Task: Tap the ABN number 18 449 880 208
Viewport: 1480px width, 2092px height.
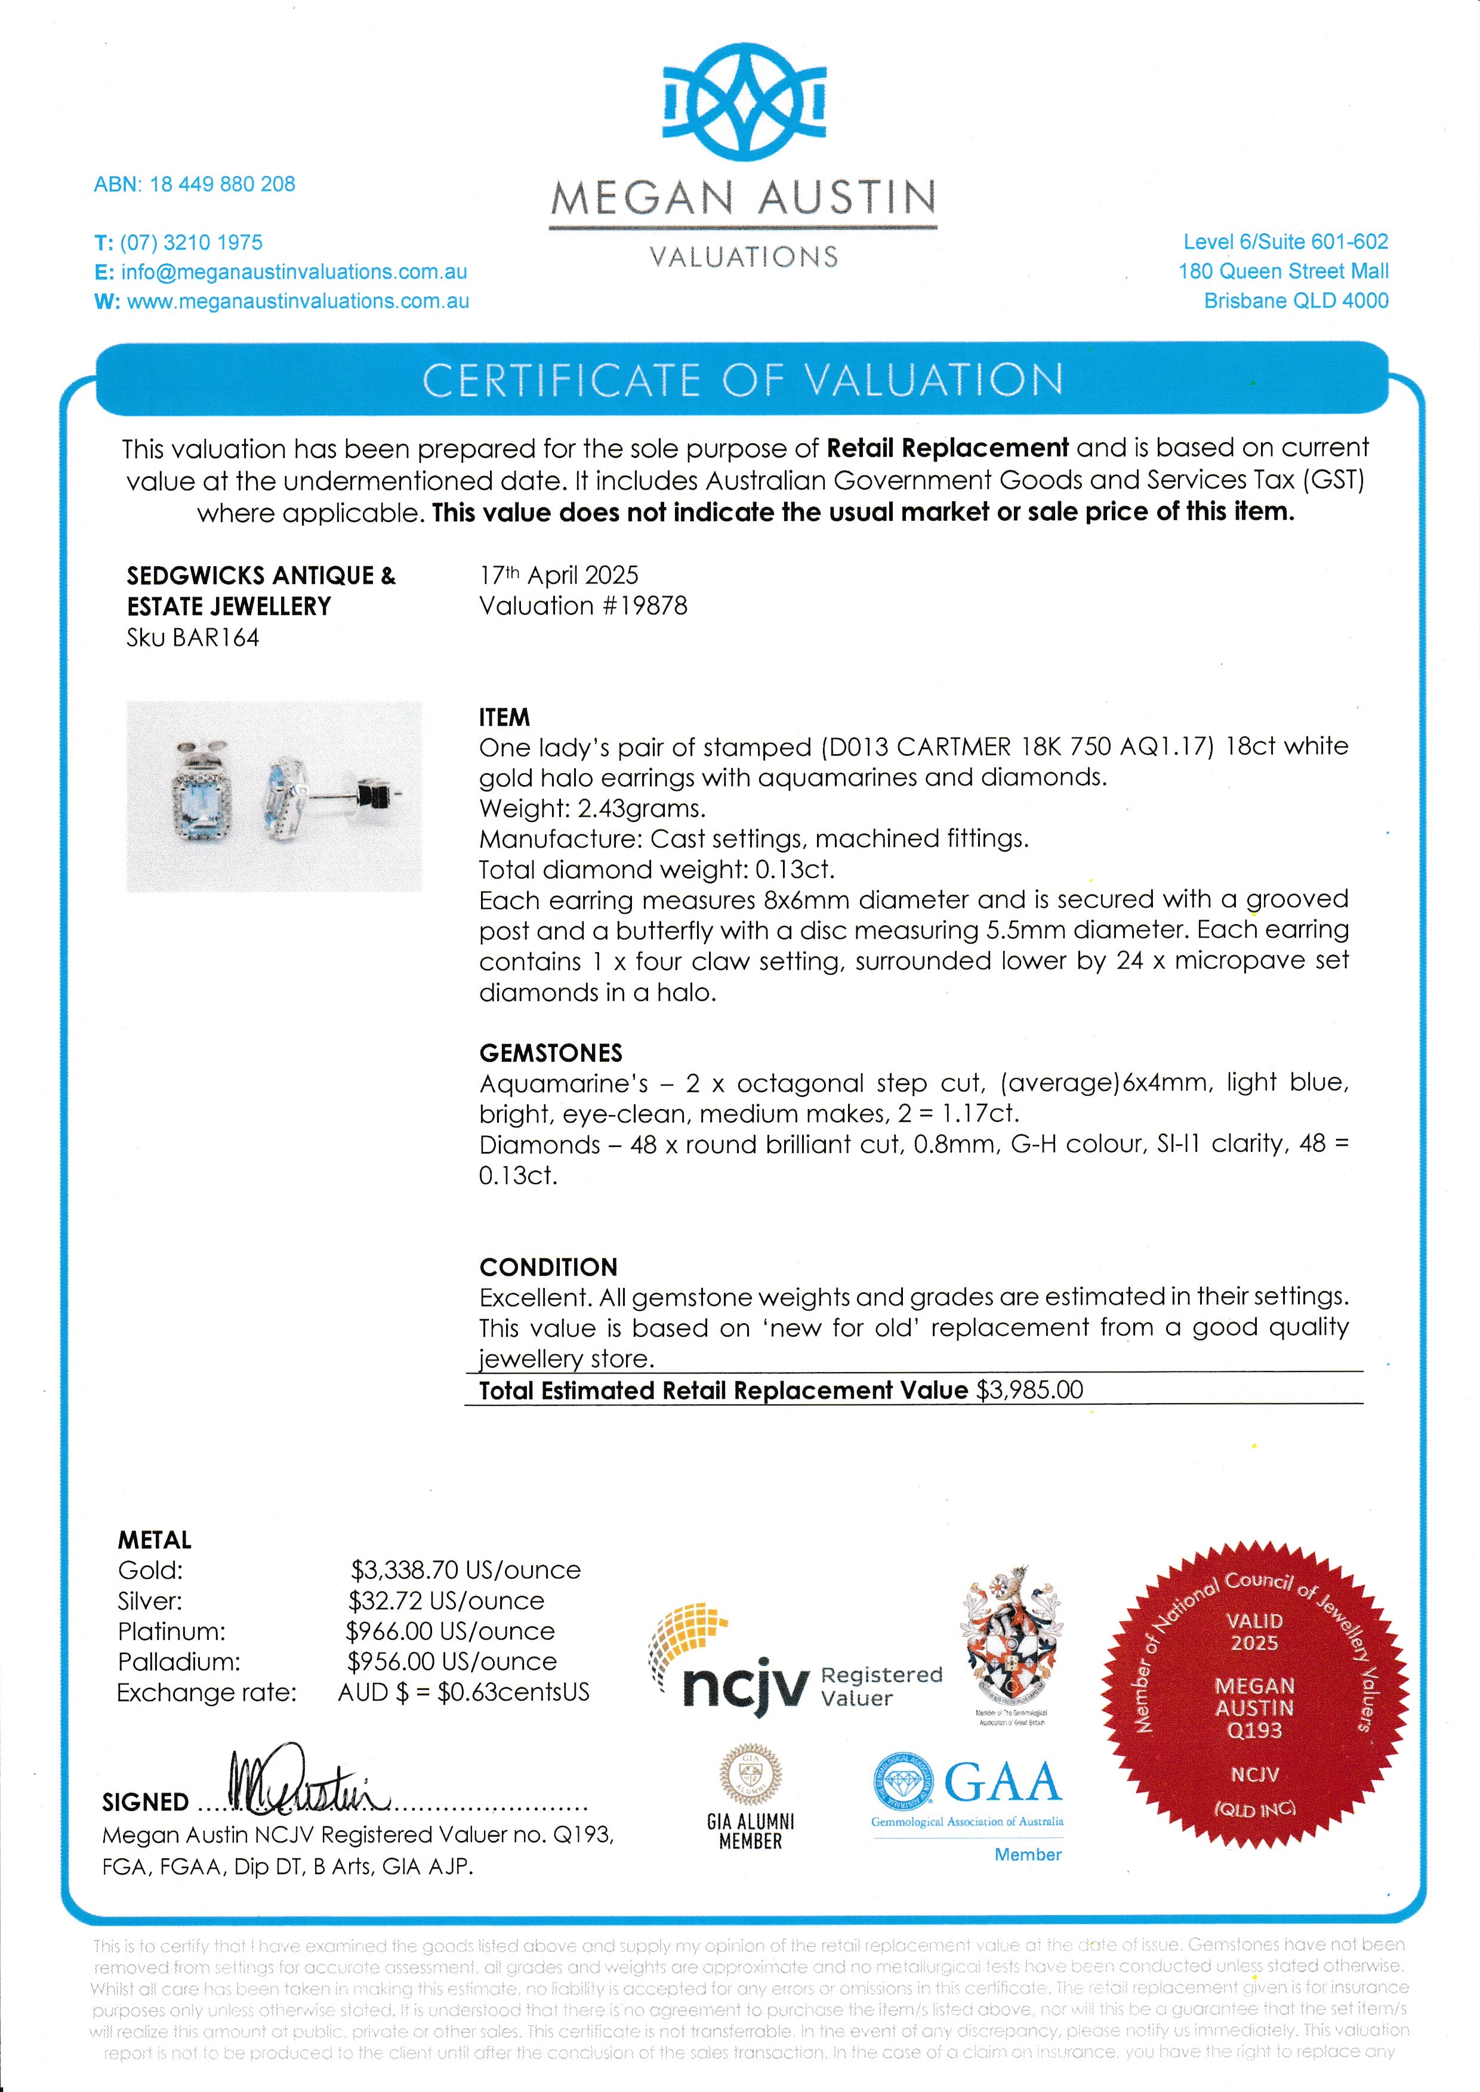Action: tap(223, 184)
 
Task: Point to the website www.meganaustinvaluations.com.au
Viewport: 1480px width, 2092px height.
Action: tap(298, 302)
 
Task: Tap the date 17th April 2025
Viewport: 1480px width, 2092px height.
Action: tap(559, 576)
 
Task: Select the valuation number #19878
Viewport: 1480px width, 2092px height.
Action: tap(643, 607)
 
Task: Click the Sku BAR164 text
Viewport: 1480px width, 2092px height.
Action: tap(193, 638)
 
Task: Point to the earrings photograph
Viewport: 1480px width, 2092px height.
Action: tap(275, 796)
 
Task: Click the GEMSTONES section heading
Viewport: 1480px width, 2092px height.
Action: tap(550, 1053)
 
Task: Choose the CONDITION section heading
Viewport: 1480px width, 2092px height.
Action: tap(548, 1268)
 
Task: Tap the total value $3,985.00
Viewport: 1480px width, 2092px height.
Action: tap(1030, 1390)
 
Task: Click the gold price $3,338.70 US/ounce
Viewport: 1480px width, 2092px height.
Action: tap(465, 1570)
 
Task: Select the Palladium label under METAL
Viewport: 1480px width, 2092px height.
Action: tap(178, 1662)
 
